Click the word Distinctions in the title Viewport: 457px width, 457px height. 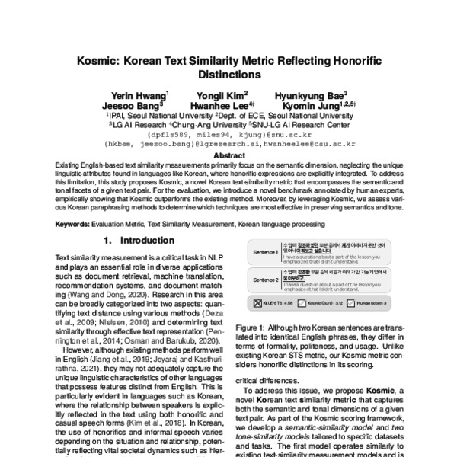click(x=228, y=75)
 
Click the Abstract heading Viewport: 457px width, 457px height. click(x=228, y=154)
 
